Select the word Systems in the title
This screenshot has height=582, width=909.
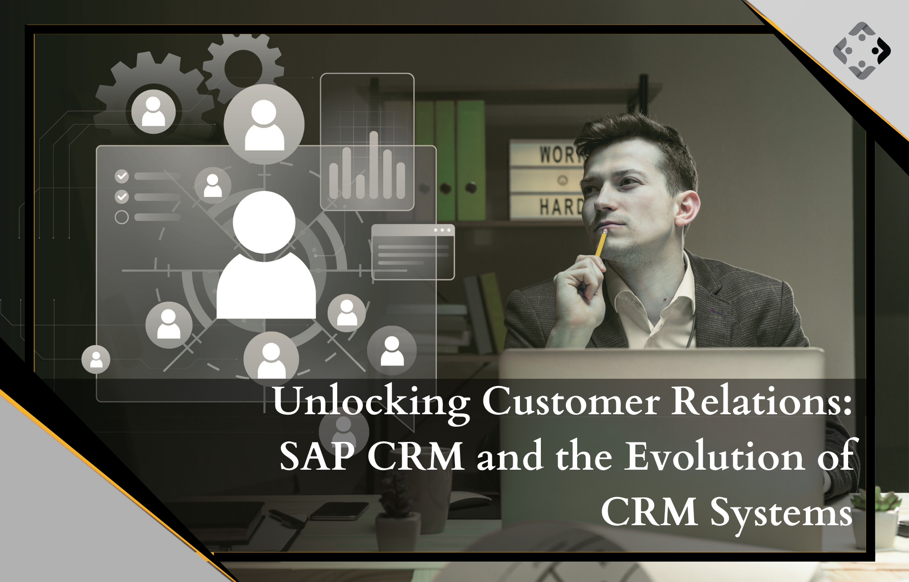781,513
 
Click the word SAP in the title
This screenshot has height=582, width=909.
316,457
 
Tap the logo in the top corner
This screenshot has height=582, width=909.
862,50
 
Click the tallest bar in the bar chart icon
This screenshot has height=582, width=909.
374,165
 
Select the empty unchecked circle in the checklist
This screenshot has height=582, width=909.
121,217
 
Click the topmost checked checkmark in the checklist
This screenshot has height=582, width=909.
121,176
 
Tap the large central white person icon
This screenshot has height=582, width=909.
265,255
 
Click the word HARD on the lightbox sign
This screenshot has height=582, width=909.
560,206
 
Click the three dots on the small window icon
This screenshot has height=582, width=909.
442,230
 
